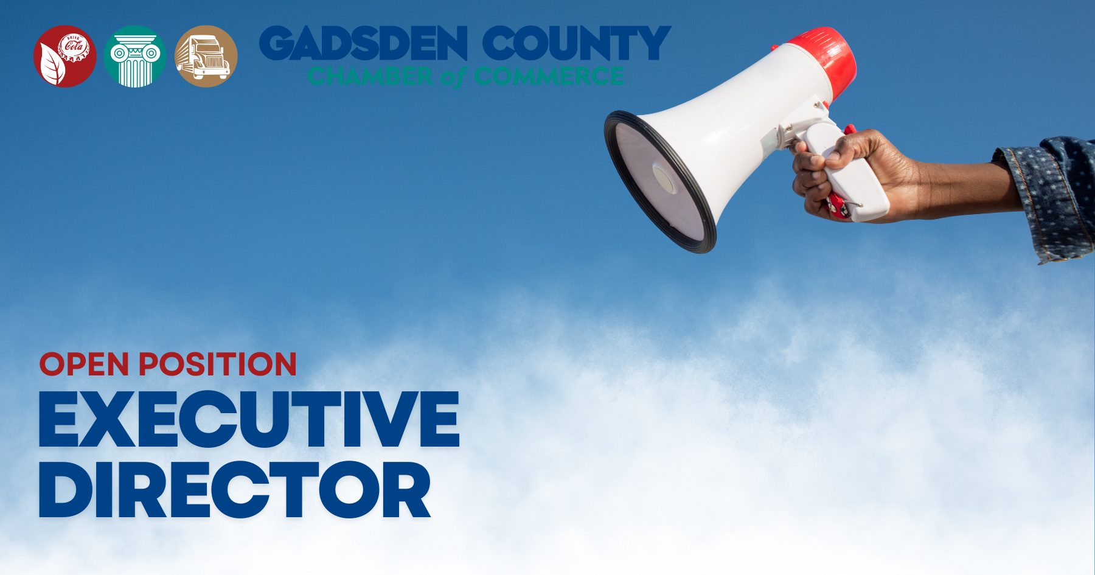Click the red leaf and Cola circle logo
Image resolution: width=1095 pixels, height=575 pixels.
[65, 56]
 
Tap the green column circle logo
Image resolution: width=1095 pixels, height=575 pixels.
[134, 56]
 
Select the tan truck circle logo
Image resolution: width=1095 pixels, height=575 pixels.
[206, 56]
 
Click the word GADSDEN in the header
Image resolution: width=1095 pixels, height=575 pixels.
[364, 43]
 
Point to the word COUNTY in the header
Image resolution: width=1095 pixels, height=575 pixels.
[577, 43]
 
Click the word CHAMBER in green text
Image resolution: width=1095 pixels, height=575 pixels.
[370, 76]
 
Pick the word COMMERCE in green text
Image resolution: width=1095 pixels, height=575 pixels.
[549, 76]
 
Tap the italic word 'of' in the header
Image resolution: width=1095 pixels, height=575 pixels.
[453, 77]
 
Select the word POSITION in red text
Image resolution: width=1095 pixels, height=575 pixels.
[218, 364]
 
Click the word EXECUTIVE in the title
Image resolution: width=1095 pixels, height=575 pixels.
[249, 419]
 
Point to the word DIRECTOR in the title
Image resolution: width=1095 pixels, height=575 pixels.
[235, 489]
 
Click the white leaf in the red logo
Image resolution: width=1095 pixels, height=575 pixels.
[51, 66]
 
